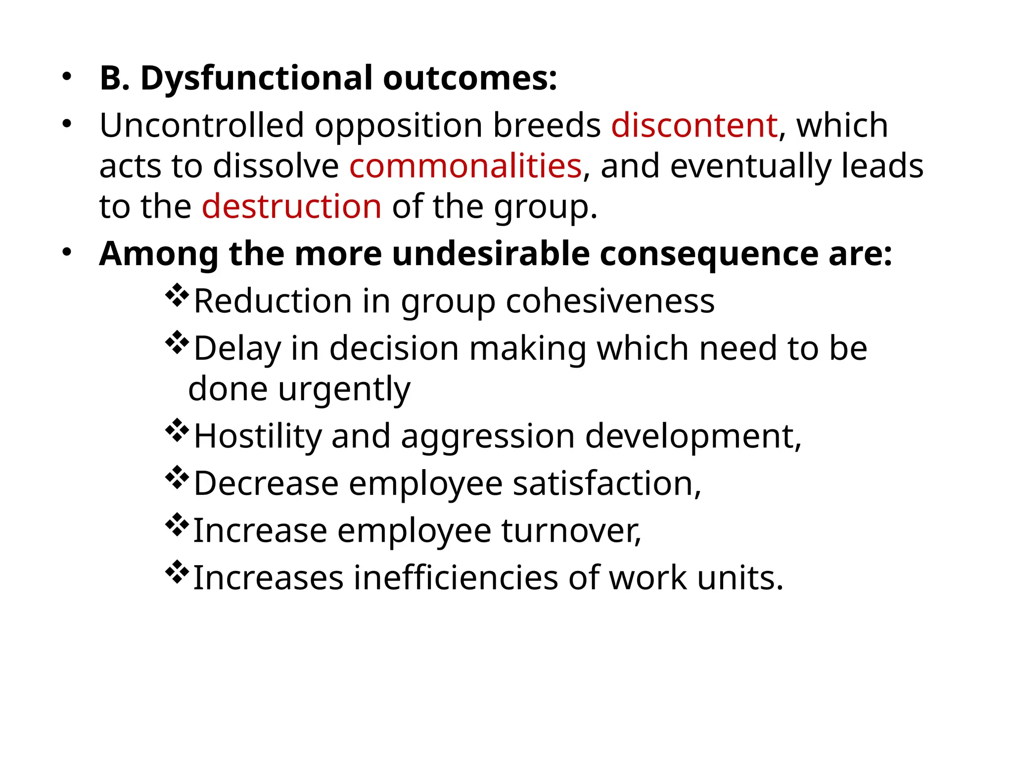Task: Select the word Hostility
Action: (x=257, y=436)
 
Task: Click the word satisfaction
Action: (x=607, y=483)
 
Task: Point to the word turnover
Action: (x=571, y=530)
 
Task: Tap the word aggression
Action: (x=488, y=436)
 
